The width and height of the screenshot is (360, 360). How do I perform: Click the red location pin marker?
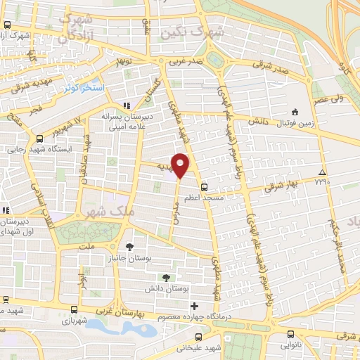pos(181,165)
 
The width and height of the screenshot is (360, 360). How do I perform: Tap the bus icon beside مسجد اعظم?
pos(204,187)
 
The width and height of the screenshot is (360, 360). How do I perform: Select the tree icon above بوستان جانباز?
pos(129,246)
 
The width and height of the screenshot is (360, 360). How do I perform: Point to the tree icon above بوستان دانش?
pos(166,278)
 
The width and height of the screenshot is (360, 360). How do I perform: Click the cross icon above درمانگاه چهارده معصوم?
pos(195,306)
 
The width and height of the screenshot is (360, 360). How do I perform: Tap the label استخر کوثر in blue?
pos(84,88)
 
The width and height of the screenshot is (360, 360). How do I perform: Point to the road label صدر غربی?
pos(184,60)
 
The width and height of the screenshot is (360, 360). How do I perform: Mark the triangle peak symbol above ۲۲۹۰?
pos(322,172)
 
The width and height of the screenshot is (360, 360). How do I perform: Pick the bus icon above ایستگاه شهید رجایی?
pos(39,138)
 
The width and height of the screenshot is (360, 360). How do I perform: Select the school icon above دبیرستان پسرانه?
pos(127,105)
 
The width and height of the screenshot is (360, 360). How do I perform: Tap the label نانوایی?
pos(290,345)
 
